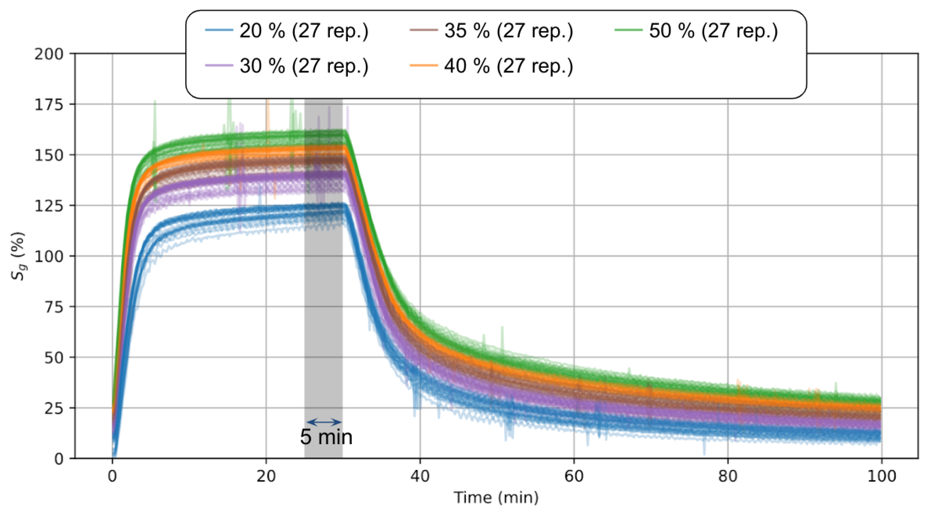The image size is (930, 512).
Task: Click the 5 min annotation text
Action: (x=326, y=437)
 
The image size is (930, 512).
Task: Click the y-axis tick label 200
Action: (x=49, y=54)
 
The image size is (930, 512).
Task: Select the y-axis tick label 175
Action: (x=49, y=105)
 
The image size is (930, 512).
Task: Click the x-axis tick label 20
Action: (x=266, y=477)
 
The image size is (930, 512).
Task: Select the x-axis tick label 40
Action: (x=420, y=477)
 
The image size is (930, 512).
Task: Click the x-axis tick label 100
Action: (x=881, y=477)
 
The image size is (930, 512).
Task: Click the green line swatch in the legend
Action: (x=628, y=30)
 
